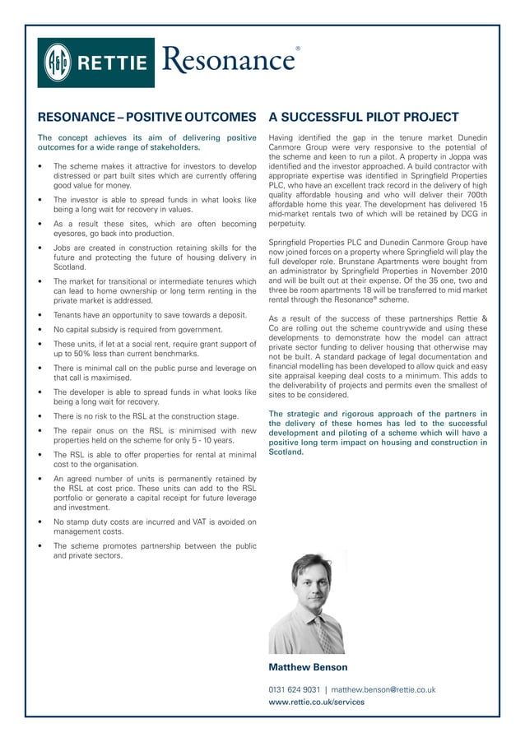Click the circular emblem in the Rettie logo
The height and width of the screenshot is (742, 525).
tap(58, 62)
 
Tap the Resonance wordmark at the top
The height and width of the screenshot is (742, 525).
tap(228, 60)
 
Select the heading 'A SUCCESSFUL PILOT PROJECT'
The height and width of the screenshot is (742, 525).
tap(363, 117)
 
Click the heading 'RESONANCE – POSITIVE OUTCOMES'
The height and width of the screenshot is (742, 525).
tap(147, 117)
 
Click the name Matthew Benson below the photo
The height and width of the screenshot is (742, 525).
tap(308, 667)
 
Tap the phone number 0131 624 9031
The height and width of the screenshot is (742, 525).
tap(294, 689)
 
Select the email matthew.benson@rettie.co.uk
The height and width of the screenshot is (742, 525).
tap(383, 689)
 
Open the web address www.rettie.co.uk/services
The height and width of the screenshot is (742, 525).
tap(316, 702)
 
